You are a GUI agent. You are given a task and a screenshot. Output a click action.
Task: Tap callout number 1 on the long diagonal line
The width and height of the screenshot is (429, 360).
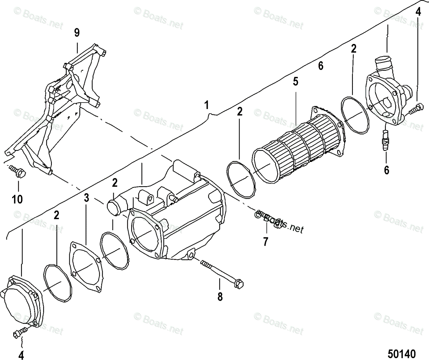pyautogui.click(x=206, y=105)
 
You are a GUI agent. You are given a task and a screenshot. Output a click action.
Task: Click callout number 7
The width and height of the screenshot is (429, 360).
pyautogui.click(x=265, y=242)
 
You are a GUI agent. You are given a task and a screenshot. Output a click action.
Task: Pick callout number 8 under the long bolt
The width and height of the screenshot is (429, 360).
pyautogui.click(x=220, y=296)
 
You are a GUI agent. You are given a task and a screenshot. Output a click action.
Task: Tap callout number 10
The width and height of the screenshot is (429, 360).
pyautogui.click(x=17, y=198)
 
